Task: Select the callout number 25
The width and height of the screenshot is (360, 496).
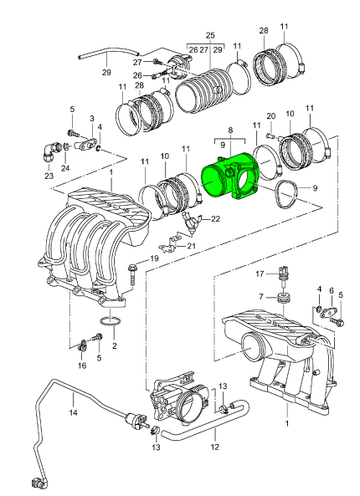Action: click(210, 35)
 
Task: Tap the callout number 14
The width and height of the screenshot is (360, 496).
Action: click(73, 412)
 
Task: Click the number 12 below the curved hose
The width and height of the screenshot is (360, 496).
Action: click(214, 447)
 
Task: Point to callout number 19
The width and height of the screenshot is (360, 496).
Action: click(154, 258)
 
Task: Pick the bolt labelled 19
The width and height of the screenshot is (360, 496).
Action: click(132, 276)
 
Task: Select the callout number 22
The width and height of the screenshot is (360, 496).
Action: click(215, 219)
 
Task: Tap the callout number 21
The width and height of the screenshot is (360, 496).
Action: click(191, 246)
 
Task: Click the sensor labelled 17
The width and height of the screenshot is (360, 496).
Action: click(282, 276)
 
